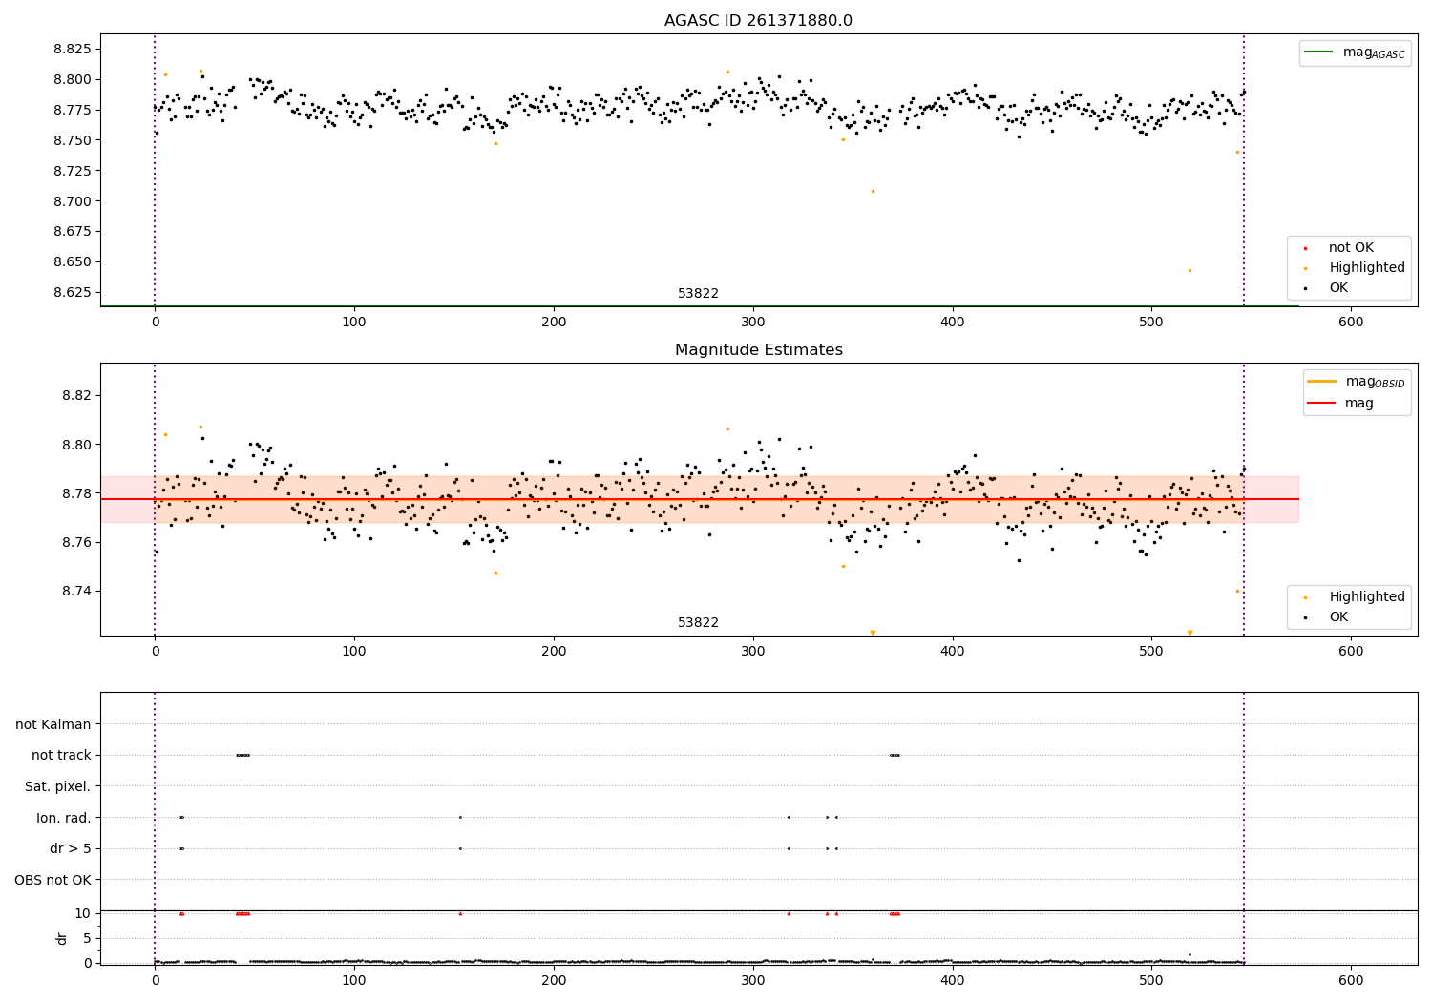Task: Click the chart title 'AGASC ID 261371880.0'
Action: [x=758, y=21]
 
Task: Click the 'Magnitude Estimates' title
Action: [x=758, y=350]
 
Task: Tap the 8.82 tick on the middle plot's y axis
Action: [x=75, y=395]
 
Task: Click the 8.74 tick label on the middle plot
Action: [x=75, y=591]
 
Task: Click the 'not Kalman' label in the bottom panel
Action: [x=53, y=724]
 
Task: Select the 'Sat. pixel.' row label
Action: [x=57, y=786]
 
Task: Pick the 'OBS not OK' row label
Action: [x=53, y=880]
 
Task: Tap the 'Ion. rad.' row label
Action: [x=64, y=818]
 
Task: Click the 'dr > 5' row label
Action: [x=70, y=848]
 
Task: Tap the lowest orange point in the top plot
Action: [x=1190, y=270]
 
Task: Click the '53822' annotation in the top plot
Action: [x=698, y=294]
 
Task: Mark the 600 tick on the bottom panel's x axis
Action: [x=1351, y=979]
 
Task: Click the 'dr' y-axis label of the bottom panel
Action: [x=62, y=938]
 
